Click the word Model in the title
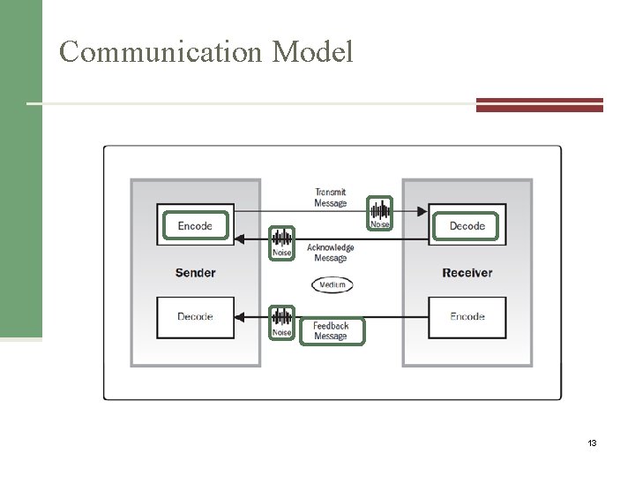click(x=313, y=52)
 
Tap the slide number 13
click(x=592, y=443)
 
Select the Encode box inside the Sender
click(x=195, y=225)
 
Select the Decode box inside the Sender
click(x=195, y=316)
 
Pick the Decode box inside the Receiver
click(x=467, y=225)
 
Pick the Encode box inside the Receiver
click(x=467, y=316)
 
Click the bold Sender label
click(x=195, y=272)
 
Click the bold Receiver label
click(x=467, y=272)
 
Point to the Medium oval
click(x=332, y=284)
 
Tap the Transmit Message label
click(x=331, y=198)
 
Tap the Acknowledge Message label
click(x=331, y=253)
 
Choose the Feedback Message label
click(x=331, y=330)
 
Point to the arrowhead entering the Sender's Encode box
click(x=242, y=238)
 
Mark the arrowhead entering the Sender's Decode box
click(x=242, y=316)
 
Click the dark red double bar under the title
click(x=539, y=105)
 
